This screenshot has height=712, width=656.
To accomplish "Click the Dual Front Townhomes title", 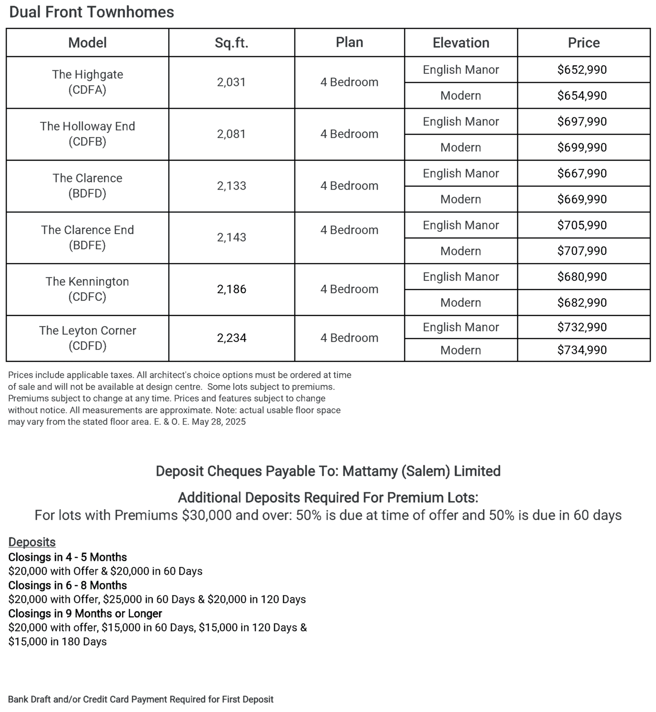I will click(92, 12).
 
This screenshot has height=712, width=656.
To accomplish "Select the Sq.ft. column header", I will click(231, 43).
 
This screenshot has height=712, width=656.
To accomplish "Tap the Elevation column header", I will click(461, 43).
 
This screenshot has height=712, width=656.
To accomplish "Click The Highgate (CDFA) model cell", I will click(87, 82).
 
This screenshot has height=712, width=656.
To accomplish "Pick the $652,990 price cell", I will click(582, 69).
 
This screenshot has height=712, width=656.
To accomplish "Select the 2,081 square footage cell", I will click(231, 134).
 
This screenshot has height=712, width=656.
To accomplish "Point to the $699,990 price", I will click(582, 147).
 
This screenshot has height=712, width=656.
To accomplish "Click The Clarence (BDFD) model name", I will click(87, 186).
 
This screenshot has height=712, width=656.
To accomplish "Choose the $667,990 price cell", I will click(582, 173).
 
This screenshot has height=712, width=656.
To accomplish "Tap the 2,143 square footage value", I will click(231, 238).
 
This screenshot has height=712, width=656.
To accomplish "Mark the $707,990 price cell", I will click(582, 251).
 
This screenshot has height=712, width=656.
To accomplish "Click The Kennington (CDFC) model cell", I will click(87, 289).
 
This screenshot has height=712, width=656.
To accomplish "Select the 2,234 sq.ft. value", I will click(231, 338).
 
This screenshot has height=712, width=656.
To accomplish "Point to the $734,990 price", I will click(582, 350).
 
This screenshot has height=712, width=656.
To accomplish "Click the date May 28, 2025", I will click(219, 422).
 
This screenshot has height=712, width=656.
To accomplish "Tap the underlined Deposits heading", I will click(32, 542).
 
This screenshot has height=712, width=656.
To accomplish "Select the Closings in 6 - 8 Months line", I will click(68, 585).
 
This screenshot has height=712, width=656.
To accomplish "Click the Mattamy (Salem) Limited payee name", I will click(421, 471).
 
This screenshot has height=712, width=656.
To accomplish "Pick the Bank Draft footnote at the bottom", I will click(141, 699).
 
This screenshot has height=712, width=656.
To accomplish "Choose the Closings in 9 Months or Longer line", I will click(85, 613).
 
